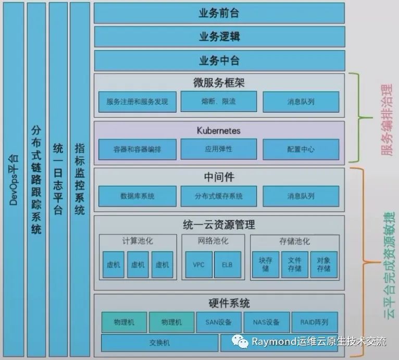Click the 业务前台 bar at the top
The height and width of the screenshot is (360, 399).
coord(219,13)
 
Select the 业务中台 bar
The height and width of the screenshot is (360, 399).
coord(219,60)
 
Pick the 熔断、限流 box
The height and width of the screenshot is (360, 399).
coord(218,102)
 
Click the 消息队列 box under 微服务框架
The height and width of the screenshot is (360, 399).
coord(301,102)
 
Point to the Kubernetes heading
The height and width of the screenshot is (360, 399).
coord(219,130)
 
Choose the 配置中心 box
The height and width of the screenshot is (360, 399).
coord(301,149)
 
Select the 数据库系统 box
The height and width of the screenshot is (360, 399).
coord(137,196)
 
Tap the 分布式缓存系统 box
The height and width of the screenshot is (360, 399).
coord(218,196)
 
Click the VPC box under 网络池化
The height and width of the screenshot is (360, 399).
coord(198,265)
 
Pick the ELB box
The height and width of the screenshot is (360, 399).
coord(227,265)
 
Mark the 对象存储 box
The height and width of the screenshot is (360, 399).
coord(323,265)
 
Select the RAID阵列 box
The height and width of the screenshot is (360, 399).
coord(314,322)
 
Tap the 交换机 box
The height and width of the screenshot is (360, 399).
coord(159,343)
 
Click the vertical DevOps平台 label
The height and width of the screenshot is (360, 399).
coord(14,179)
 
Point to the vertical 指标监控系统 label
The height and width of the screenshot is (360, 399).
coord(80,179)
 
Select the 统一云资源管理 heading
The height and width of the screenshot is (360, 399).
coord(219,226)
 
